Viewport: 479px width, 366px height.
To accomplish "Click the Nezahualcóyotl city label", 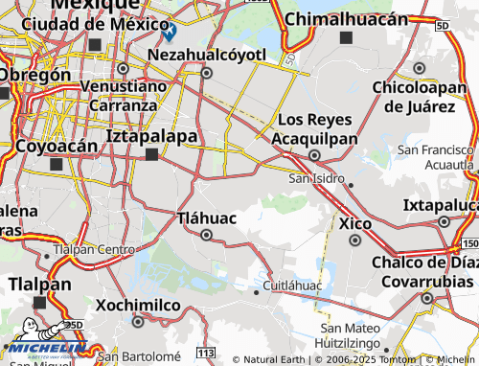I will click(206, 54).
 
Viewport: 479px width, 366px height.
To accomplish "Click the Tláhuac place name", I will click(207, 217).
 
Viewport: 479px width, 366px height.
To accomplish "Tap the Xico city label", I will click(355, 223).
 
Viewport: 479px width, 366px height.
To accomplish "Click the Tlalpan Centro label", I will click(93, 249).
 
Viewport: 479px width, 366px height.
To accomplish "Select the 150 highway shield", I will click(469, 220).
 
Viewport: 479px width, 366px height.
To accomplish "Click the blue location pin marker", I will click(169, 31).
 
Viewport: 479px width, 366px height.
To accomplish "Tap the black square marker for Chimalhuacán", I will click(346, 37).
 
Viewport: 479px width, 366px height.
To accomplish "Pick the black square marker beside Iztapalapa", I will click(151, 153).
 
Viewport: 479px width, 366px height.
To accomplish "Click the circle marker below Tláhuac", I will click(206, 234).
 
